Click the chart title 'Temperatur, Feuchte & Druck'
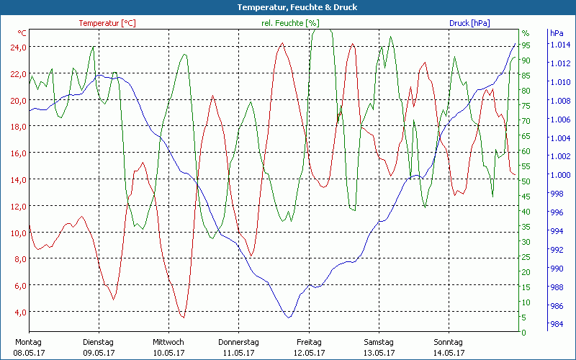coord(287,7)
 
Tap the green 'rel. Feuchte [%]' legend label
coord(290,23)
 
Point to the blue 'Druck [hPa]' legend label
coord(469,23)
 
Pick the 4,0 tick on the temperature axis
coord(18,312)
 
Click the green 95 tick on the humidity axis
coord(526,45)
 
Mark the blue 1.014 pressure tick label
coord(559,45)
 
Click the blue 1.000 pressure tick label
coord(559,175)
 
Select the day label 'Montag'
coord(28,342)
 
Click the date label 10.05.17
coord(168,353)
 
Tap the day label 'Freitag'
coord(309,342)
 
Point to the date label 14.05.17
coord(450,353)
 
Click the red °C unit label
coord(22,33)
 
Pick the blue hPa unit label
coord(556,33)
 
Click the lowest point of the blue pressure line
coord(289,317)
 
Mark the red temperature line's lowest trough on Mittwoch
coord(183,317)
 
